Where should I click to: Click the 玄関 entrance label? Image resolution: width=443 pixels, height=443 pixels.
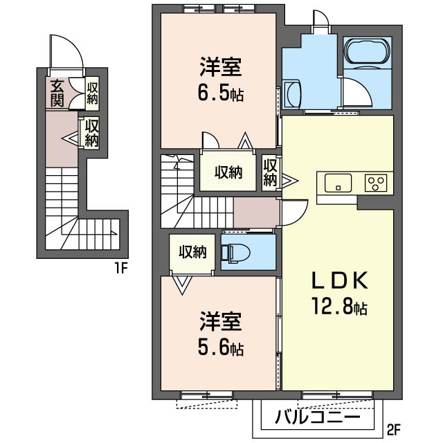[x=57, y=93]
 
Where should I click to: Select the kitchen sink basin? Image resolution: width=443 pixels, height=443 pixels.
[x=338, y=183]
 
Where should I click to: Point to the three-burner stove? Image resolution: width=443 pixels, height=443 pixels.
[x=376, y=183]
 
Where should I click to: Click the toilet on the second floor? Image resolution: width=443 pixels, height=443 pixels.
[x=235, y=253]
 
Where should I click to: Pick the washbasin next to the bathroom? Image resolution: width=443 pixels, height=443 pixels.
[x=292, y=94]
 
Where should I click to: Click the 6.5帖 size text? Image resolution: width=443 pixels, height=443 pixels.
[x=221, y=94]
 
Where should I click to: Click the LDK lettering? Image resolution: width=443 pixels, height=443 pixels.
[x=339, y=280]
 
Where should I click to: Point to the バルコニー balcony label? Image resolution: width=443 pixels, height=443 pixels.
[x=318, y=417]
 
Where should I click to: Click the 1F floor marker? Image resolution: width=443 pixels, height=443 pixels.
[x=122, y=268]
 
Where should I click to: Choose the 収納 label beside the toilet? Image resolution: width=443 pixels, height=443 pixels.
[x=192, y=252]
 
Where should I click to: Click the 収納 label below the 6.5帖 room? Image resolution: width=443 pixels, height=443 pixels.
[x=228, y=172]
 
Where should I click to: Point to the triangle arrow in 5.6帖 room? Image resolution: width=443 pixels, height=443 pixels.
[x=182, y=284]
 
